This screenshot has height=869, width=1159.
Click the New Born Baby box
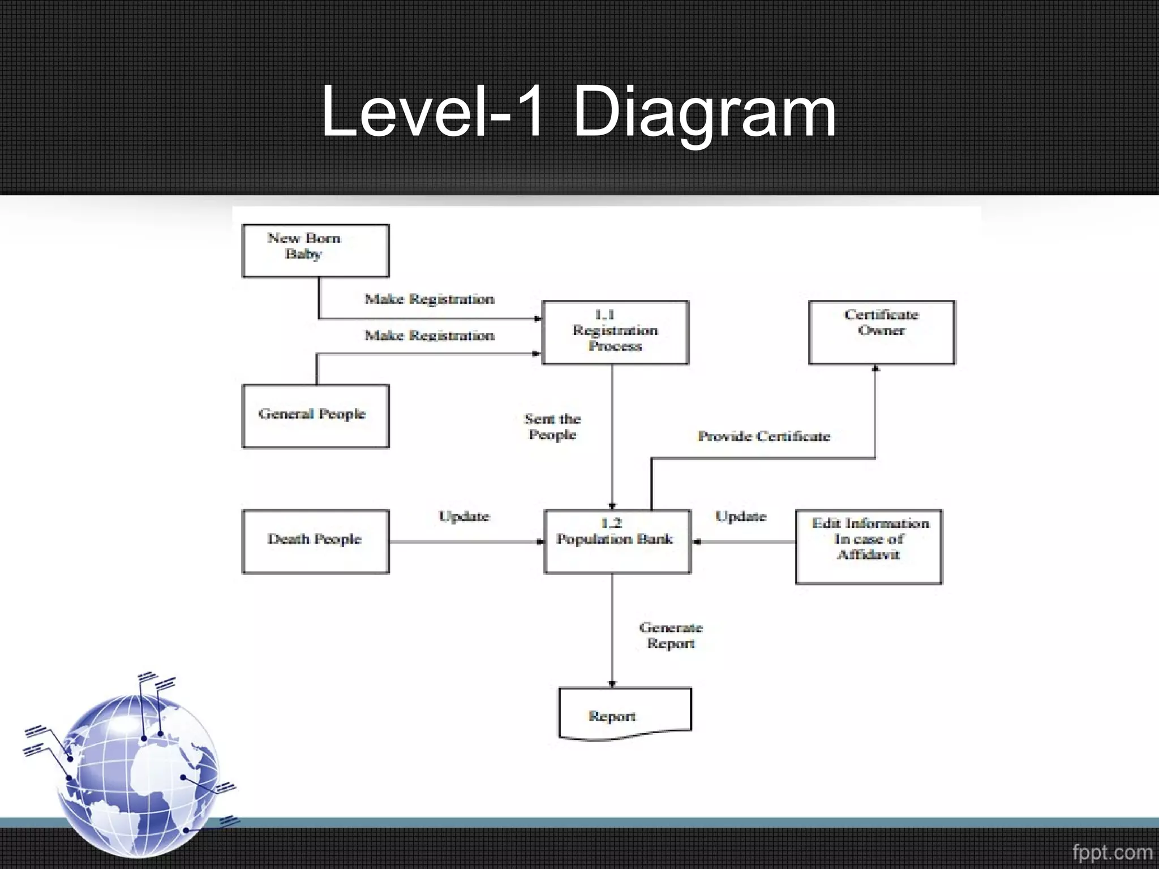[x=315, y=251]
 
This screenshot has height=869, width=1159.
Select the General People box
[x=315, y=416]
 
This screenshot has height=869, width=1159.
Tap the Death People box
[x=315, y=541]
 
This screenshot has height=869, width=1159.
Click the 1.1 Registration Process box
[x=615, y=332]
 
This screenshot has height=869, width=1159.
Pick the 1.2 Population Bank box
[x=617, y=541]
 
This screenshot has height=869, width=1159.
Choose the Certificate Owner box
[x=881, y=332]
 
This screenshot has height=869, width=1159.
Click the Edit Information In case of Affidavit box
[x=869, y=547]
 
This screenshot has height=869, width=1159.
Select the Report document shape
[x=625, y=714]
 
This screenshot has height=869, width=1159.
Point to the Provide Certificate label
[x=763, y=436]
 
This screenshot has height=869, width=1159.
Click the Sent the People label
[x=552, y=427]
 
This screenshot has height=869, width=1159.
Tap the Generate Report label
[x=671, y=635]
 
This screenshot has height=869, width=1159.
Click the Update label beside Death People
[x=464, y=516]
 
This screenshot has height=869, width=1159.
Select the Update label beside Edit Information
[x=740, y=516]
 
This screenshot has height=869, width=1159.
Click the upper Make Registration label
[x=429, y=299]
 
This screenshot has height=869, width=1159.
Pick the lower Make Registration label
[x=429, y=335]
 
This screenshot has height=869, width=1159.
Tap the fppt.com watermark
[x=1111, y=852]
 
